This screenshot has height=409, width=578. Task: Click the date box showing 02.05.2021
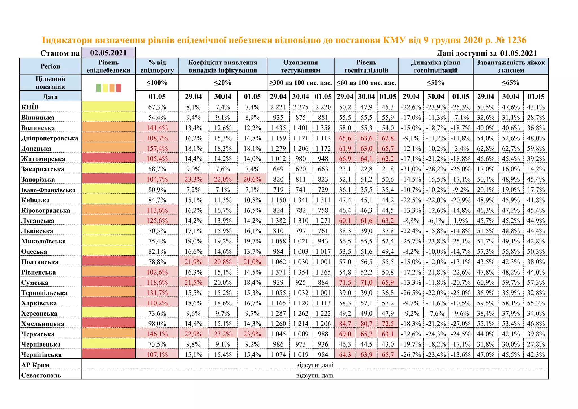click(108, 53)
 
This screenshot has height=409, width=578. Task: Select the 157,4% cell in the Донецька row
click(157, 149)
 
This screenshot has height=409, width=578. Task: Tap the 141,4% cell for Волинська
click(157, 128)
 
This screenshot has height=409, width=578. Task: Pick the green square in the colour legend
click(98, 88)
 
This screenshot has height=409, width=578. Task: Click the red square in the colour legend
click(119, 88)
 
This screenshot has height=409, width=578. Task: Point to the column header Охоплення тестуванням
click(300, 66)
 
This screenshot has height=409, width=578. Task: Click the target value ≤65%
click(511, 83)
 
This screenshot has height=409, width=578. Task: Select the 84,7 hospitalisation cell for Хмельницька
click(345, 324)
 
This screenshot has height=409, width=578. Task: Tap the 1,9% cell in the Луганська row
click(461, 221)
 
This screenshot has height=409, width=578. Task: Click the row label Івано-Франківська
click(48, 190)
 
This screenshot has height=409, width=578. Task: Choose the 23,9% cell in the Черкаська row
click(252, 334)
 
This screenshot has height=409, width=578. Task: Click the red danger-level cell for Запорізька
click(108, 179)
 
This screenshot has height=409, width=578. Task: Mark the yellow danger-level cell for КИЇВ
click(108, 107)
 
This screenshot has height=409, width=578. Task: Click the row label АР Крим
click(35, 365)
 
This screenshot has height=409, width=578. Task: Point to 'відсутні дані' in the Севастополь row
click(315, 375)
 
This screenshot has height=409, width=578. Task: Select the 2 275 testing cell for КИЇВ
click(300, 107)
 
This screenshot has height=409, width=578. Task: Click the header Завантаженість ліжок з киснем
click(511, 66)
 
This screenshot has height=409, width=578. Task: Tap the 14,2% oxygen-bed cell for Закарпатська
click(536, 169)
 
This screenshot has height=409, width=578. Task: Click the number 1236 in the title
click(516, 40)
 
